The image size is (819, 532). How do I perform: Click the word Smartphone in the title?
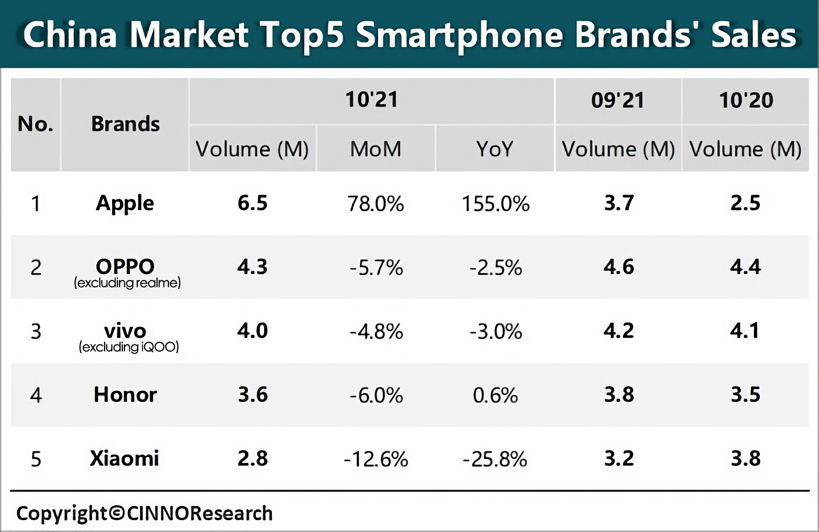[460, 36]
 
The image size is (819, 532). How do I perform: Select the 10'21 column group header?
[371, 100]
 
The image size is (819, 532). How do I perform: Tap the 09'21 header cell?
[618, 101]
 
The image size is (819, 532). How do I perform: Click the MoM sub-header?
[376, 149]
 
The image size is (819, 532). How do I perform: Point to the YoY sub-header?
[495, 149]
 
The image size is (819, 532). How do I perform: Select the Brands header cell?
[125, 124]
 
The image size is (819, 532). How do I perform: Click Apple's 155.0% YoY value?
[495, 204]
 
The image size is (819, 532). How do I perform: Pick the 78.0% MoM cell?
[376, 204]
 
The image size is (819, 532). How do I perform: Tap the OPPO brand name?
[125, 267]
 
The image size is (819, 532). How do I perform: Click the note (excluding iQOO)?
[129, 347]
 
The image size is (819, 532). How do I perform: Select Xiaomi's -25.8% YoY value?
[495, 459]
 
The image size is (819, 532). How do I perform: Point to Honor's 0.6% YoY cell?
[495, 395]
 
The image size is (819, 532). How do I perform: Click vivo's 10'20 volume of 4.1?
[745, 330]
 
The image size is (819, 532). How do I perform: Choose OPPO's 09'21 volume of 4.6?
[619, 267]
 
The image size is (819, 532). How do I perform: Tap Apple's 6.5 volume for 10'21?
[252, 203]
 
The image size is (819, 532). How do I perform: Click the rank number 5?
[36, 459]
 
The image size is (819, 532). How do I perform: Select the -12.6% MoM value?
[376, 459]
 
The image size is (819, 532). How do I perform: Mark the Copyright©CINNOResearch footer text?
[144, 513]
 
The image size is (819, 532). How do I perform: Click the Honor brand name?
[125, 395]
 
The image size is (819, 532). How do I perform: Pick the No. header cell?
[36, 124]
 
